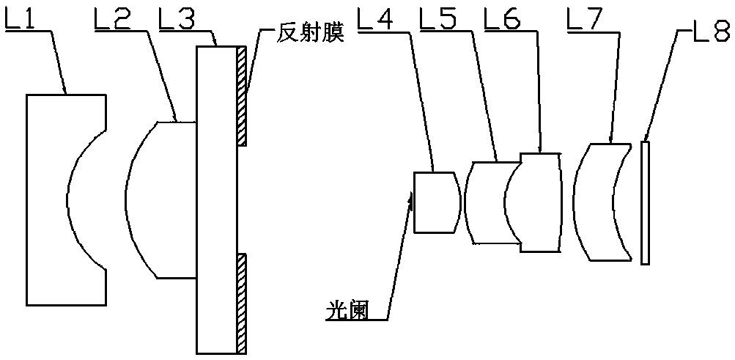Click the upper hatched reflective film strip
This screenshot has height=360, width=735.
click(x=241, y=95)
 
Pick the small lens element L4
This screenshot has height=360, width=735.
click(x=434, y=202)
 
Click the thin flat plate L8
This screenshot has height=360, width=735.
click(x=645, y=202)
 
